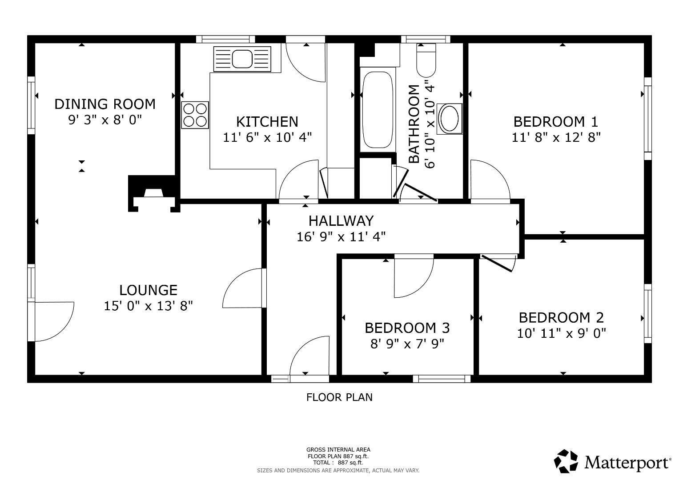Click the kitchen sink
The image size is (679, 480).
(x=242, y=59)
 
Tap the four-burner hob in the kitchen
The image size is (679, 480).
(x=195, y=115)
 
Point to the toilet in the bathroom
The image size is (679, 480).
(x=426, y=60)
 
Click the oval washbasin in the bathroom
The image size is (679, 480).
(x=450, y=119)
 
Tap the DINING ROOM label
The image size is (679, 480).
(x=105, y=104)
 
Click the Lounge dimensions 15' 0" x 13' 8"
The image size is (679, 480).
(x=148, y=306)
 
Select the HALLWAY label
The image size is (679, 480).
(x=341, y=220)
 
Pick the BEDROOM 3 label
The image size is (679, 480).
(x=407, y=328)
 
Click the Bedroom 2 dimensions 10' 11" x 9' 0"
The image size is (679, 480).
(x=562, y=333)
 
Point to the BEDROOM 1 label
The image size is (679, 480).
(x=556, y=121)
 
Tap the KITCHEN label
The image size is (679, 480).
(x=267, y=121)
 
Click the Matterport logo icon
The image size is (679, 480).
(x=566, y=461)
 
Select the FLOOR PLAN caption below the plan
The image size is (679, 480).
(x=340, y=397)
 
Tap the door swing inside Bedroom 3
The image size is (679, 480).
(x=414, y=276)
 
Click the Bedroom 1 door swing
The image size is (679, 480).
(x=490, y=180)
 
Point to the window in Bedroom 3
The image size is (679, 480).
(x=442, y=379)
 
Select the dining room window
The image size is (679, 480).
(x=31, y=105)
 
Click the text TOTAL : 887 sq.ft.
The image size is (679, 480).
(x=338, y=463)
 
